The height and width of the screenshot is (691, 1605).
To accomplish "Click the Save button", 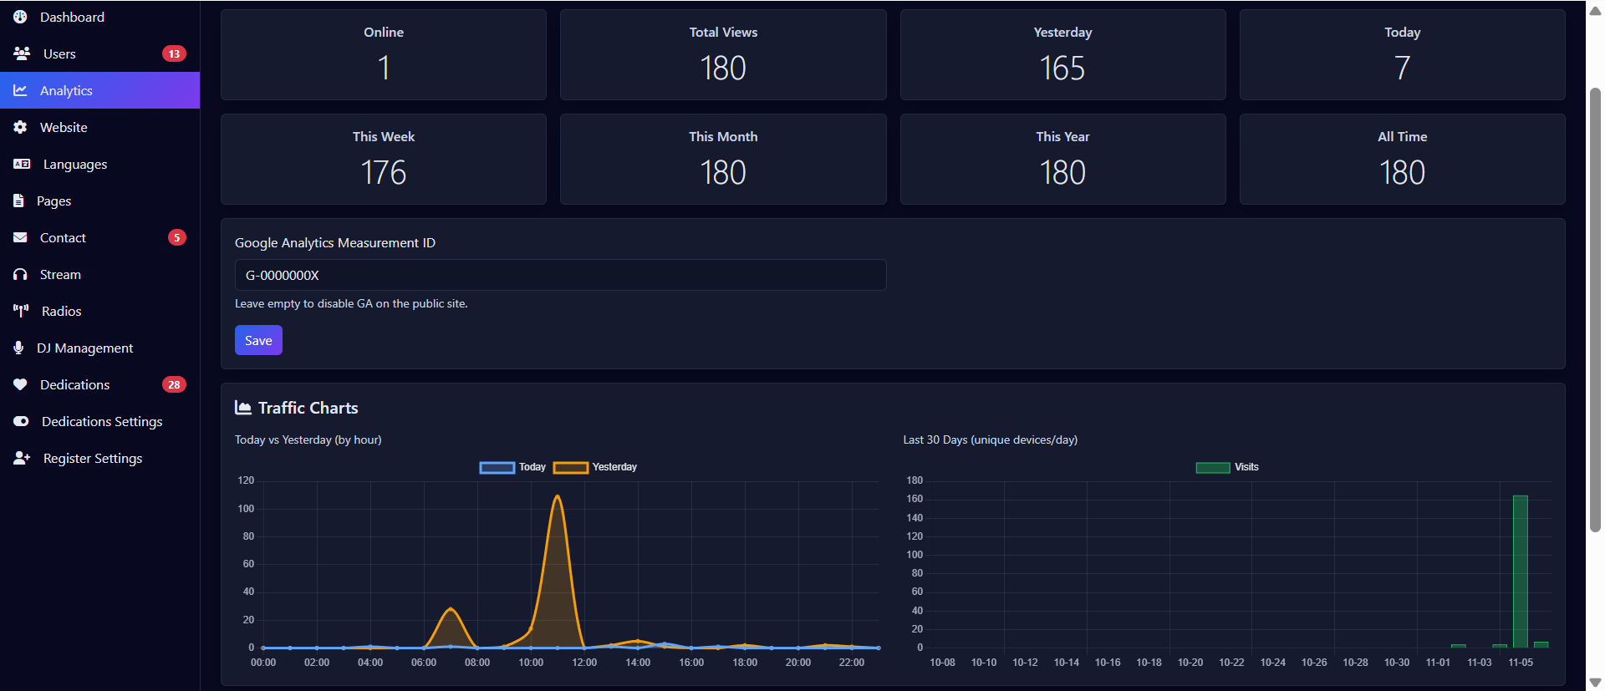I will pos(258,341).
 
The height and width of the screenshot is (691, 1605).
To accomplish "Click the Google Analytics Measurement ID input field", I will pos(560,275).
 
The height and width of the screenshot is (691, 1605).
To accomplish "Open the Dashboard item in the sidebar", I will pos(72,17).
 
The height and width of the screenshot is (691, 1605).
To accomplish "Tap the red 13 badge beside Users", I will pos(174,53).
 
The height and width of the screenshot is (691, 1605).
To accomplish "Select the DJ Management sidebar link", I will pos(84,348).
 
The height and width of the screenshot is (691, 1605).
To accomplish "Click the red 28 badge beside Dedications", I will pos(174,384).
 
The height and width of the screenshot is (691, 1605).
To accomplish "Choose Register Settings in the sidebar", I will pos(92,458).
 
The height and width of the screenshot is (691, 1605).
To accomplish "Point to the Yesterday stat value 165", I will pos(1062,69).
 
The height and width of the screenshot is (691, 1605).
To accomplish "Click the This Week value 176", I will pos(384,173).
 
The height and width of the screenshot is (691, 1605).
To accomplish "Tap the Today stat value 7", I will pos(1402,69).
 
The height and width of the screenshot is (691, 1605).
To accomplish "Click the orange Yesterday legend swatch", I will pos(571,468).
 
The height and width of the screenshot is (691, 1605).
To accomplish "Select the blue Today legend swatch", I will pos(497,468).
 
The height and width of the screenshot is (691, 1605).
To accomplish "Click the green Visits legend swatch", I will pos(1212,468).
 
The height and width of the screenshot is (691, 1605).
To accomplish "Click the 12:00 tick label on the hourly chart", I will pos(584,663).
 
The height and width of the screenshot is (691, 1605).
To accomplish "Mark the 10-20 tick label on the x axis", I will pos(1190,663).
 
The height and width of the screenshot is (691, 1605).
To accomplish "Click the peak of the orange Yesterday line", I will pos(558,496).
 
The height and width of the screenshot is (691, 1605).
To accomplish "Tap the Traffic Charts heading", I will pos(308,408).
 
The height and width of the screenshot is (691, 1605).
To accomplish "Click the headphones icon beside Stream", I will pos(20,274).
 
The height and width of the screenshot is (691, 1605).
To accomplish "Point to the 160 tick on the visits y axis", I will pos(915,499).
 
